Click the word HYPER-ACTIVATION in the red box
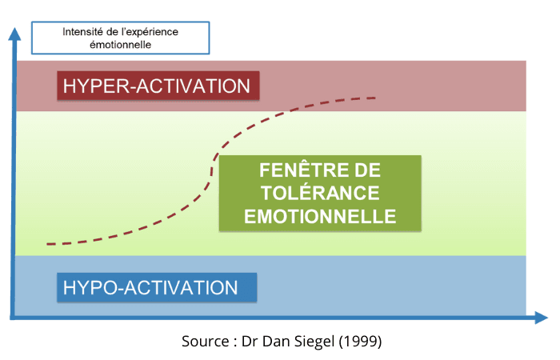point(157,86)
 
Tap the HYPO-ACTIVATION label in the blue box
point(150,288)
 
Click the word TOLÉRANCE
point(320,194)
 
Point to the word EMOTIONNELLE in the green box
point(320,217)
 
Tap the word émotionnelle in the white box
point(120,45)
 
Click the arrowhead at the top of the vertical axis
point(14,34)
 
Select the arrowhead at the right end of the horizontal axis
point(541,318)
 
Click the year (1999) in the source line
point(360,342)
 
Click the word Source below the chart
point(206,342)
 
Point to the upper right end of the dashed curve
point(375,98)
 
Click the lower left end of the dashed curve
point(47,244)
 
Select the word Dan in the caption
point(277,341)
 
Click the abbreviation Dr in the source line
point(250,341)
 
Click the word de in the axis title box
point(112,32)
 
